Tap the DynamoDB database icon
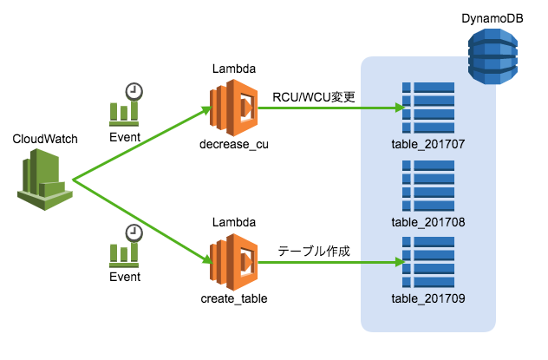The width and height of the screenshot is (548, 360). pyautogui.click(x=493, y=56)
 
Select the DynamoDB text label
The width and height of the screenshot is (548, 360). pyautogui.click(x=492, y=18)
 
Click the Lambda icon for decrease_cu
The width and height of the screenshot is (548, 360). pyautogui.click(x=233, y=108)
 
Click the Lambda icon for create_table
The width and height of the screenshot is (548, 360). pyautogui.click(x=233, y=262)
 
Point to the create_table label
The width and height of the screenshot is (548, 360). pyautogui.click(x=233, y=298)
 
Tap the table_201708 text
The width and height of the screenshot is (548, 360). pyautogui.click(x=428, y=222)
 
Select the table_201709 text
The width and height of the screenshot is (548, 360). pyautogui.click(x=428, y=298)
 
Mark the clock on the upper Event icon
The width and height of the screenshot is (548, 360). pyautogui.click(x=134, y=91)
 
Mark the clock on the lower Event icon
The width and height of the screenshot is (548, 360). pyautogui.click(x=134, y=232)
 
